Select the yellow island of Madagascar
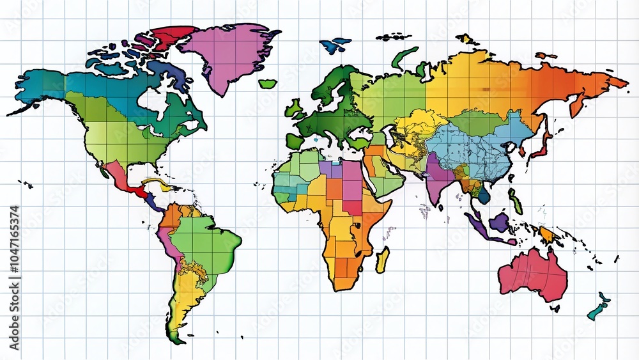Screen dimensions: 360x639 [382, 260]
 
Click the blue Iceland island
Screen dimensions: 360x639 [335, 45]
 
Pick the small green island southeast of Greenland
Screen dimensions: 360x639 [267, 83]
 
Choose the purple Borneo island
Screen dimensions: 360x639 [500, 222]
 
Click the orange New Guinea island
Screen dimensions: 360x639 [548, 235]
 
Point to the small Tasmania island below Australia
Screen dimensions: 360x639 [553, 308]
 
